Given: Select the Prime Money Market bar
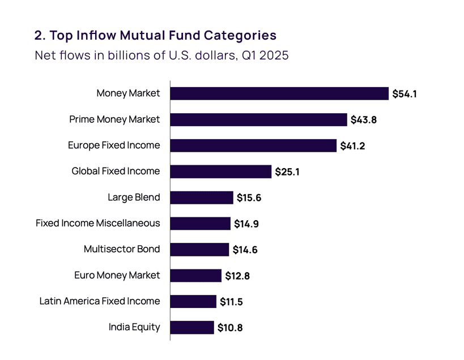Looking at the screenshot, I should point(258,119).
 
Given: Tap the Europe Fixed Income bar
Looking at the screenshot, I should point(253,145).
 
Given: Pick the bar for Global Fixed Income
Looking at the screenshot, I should point(221,172).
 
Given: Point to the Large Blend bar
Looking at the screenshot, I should point(202,198).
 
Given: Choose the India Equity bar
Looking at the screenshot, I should point(192,327).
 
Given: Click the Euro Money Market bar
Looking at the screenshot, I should point(196,276).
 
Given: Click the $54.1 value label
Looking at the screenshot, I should point(405,94).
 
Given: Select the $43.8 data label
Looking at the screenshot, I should point(363,120).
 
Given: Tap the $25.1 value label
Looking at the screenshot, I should point(287,172).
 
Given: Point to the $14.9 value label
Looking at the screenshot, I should point(246,224).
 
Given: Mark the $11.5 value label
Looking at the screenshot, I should point(231,302).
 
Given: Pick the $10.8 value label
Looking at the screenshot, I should point(230,328).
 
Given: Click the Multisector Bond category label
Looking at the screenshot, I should point(122,249).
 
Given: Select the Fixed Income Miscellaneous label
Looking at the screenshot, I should point(98,223).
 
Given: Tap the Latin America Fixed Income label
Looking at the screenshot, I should point(100,301).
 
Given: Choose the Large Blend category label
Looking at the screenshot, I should point(134,198).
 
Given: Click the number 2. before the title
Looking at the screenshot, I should point(40,36).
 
